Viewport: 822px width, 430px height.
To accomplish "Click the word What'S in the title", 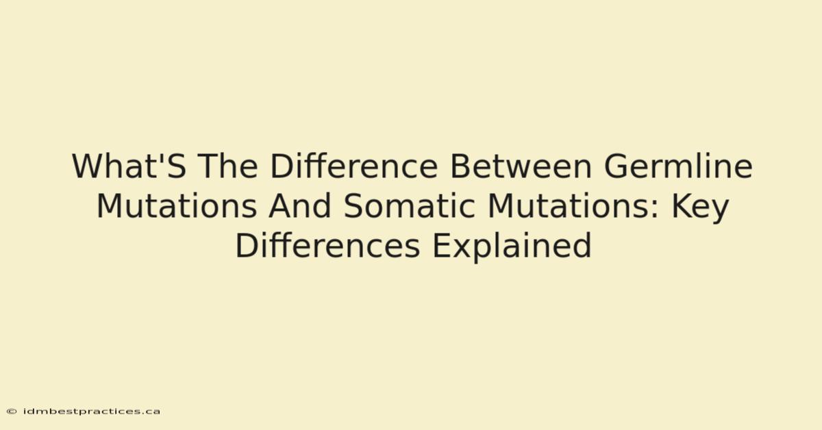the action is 129,166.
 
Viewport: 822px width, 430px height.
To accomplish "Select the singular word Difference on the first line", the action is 354,166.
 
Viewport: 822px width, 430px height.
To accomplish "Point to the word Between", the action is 521,166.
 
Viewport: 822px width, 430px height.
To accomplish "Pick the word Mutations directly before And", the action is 177,206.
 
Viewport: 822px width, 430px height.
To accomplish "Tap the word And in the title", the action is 300,206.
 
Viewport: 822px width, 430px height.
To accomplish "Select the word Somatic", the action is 410,206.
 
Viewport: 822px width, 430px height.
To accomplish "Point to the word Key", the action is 700,207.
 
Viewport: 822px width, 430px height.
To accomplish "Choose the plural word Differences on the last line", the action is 327,245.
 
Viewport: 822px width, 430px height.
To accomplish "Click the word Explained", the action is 512,247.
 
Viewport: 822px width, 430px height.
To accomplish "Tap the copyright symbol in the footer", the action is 12,412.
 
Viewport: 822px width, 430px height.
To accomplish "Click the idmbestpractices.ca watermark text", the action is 92,412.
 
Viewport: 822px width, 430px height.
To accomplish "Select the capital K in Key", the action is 682,206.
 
